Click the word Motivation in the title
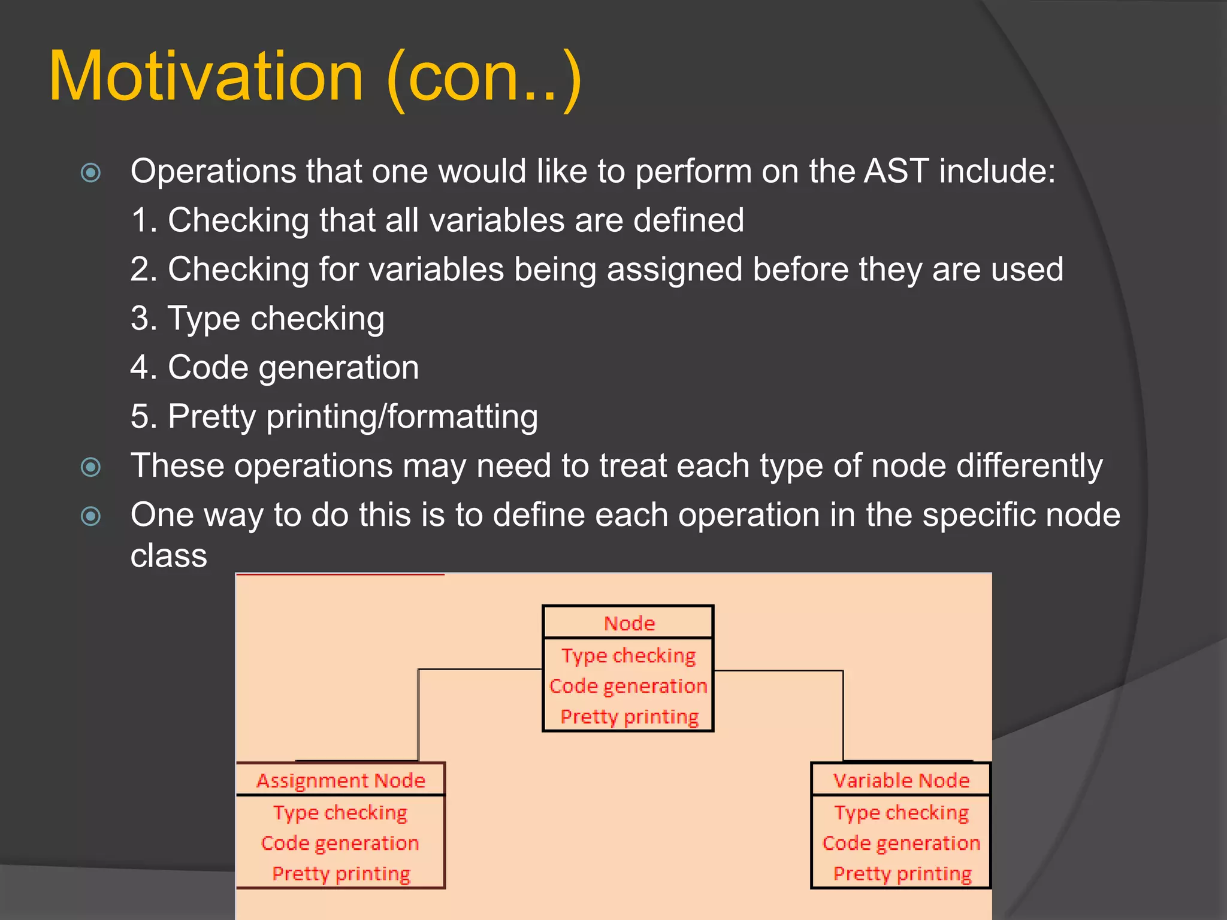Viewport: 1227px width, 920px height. pos(207,77)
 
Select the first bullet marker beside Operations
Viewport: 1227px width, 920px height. pos(91,173)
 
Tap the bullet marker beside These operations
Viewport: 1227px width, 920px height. pos(91,467)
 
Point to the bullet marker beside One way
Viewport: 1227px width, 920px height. pos(91,516)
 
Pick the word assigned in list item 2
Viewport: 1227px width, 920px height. pos(674,269)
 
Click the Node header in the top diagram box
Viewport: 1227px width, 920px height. pos(628,624)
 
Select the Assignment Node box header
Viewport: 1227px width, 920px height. pos(340,780)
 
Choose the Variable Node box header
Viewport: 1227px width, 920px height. pos(900,780)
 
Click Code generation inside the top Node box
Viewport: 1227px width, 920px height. pos(628,686)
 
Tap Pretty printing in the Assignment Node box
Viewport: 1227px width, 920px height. pos(340,874)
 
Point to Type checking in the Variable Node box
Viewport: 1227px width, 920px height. pos(900,813)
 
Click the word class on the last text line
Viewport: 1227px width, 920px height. pos(169,556)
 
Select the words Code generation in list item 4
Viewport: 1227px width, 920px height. pos(293,367)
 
